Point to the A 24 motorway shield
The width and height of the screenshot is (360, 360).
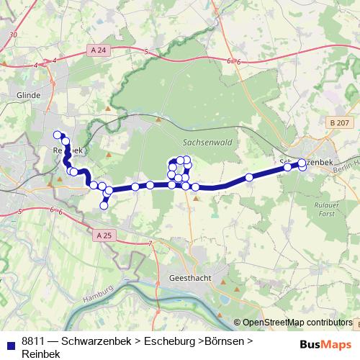point(99,50)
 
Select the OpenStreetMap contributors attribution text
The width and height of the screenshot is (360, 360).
point(297,323)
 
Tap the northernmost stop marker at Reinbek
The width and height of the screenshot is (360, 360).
point(58,134)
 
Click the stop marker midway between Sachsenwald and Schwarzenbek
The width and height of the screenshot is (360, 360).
point(249,177)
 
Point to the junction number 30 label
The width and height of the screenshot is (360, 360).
point(13,35)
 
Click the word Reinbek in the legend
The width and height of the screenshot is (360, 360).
point(41,353)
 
